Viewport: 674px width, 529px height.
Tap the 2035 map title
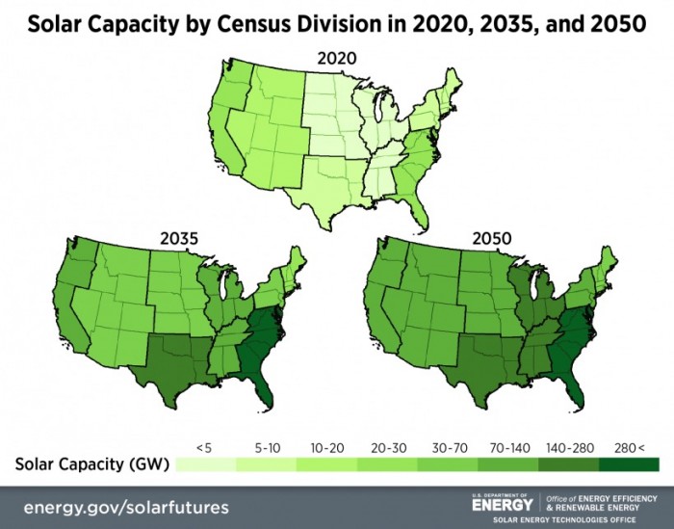pos(179,234)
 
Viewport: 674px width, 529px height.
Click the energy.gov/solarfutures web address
pos(126,507)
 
